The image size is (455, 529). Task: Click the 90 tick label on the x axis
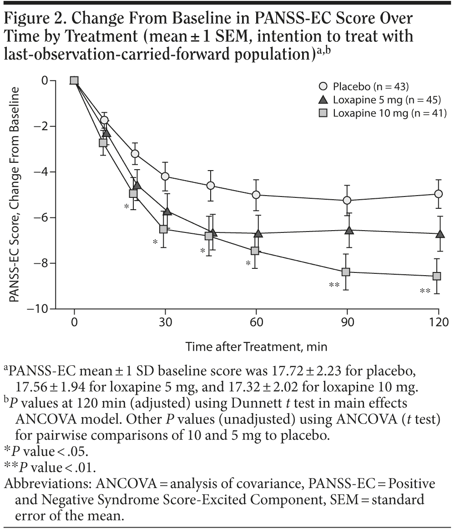347,321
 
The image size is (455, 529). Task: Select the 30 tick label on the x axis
165,321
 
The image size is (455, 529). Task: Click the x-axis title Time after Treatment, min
256,346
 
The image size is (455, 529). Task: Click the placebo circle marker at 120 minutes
439,193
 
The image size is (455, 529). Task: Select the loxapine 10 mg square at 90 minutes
346,272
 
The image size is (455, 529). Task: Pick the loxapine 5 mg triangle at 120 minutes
440,234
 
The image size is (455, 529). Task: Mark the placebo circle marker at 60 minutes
256,195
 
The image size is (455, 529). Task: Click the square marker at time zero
74,81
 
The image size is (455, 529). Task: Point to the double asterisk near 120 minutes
425,292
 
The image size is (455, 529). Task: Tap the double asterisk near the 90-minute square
334,286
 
